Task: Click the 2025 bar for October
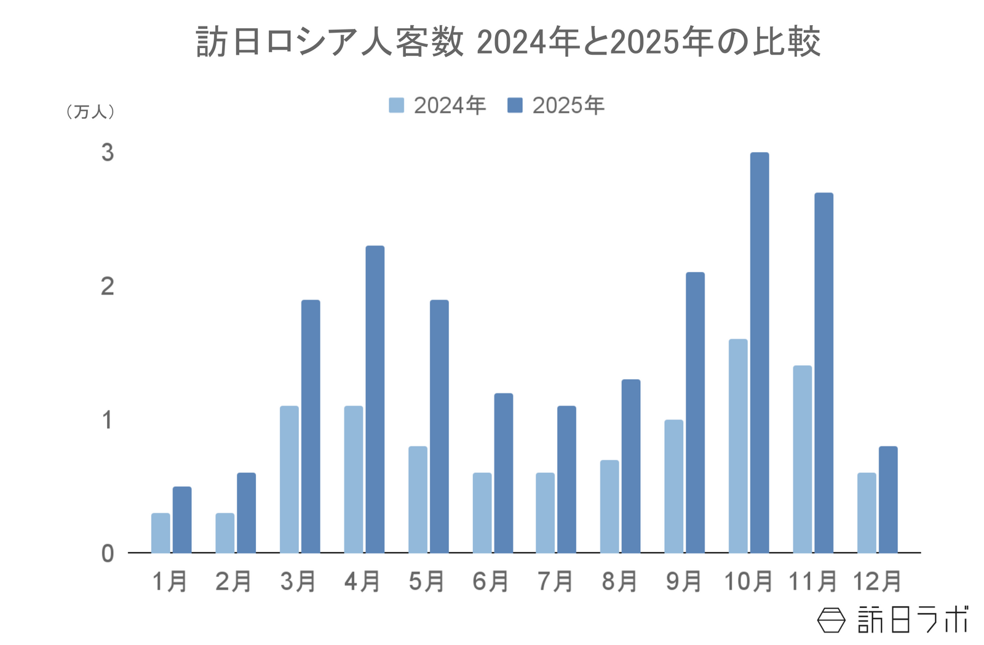[x=760, y=352]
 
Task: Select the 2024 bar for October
[x=738, y=446]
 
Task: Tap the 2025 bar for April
[x=375, y=399]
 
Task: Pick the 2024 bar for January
[x=161, y=532]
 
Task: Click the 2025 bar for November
[x=824, y=372]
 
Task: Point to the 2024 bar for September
[x=673, y=486]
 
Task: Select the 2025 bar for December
[x=888, y=499]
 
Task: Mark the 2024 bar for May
[x=418, y=499]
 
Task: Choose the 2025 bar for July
[x=567, y=479]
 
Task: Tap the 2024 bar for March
[x=289, y=479]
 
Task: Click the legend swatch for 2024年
[x=397, y=105]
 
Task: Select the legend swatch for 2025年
[x=515, y=105]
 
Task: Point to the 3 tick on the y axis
[x=108, y=153]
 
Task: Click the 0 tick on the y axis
[x=108, y=554]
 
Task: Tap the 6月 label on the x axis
[x=491, y=582]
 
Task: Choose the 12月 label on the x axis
[x=877, y=582]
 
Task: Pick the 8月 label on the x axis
[x=619, y=582]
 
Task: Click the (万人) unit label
[x=90, y=111]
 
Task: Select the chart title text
[x=508, y=42]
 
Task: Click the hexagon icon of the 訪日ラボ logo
[x=831, y=620]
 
